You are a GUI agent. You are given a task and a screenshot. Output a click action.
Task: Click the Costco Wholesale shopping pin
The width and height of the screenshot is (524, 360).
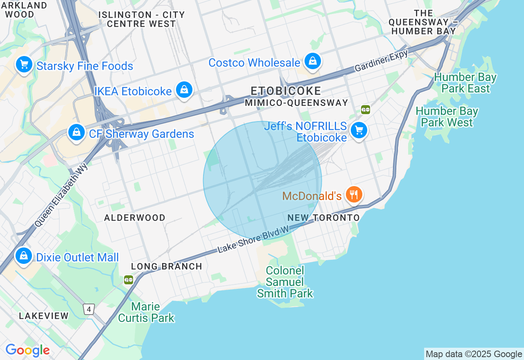[313, 61]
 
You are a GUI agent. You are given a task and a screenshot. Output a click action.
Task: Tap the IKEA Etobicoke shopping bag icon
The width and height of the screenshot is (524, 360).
[184, 90]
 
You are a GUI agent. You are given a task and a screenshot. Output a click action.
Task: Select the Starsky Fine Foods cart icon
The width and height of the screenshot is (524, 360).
[24, 65]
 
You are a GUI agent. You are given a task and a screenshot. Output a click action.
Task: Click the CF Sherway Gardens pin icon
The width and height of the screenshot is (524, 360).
[77, 133]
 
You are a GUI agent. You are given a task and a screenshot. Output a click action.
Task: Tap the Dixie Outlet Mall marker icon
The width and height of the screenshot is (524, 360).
[24, 256]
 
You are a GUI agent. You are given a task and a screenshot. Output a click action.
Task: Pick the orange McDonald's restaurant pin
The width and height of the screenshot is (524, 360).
[354, 195]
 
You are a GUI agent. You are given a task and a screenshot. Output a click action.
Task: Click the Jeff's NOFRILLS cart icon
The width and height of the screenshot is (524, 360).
[359, 130]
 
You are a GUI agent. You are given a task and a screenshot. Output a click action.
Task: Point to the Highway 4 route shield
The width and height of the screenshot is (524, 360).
[89, 309]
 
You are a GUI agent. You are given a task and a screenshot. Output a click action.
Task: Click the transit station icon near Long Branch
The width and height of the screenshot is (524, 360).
[129, 280]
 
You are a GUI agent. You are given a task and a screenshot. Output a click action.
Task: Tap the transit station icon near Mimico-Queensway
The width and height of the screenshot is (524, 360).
[366, 110]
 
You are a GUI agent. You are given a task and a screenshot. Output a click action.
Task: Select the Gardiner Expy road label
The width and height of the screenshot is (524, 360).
[381, 61]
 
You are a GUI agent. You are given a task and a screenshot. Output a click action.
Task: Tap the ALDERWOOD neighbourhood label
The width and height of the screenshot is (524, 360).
[135, 218]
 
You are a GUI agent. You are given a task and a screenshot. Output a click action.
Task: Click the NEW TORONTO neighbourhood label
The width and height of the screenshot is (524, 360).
[323, 218]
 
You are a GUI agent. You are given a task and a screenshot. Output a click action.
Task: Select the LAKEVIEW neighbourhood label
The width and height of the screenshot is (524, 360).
[44, 316]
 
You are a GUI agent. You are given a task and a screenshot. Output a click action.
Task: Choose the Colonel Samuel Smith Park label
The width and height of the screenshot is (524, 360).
[285, 282]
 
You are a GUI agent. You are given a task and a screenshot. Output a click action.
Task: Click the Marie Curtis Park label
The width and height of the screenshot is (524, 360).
[146, 312]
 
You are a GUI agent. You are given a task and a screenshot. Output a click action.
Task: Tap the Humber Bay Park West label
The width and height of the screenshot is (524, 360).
[447, 117]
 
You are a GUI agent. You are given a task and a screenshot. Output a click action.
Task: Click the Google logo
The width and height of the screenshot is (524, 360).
[27, 351]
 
